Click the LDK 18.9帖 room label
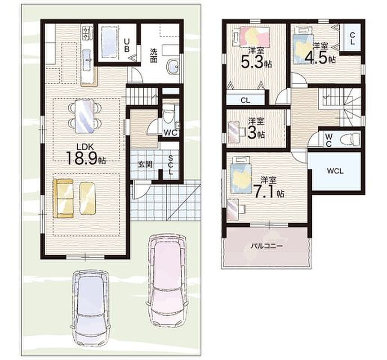[86, 155]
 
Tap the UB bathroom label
[127, 45]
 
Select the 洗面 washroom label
[154, 56]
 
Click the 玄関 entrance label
[145, 165]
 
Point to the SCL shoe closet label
[171, 165]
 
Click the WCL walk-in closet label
[335, 171]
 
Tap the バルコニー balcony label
[267, 246]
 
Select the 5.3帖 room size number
[256, 62]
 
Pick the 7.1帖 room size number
[269, 191]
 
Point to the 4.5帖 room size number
[320, 58]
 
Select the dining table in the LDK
[85, 116]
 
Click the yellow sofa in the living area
[63, 198]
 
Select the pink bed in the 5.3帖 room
[252, 36]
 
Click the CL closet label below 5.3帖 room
[245, 100]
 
